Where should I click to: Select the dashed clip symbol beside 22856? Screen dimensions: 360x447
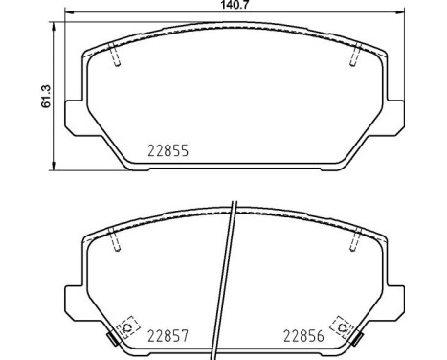tap(337, 326)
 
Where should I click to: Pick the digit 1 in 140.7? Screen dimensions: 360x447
tap(219, 6)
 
